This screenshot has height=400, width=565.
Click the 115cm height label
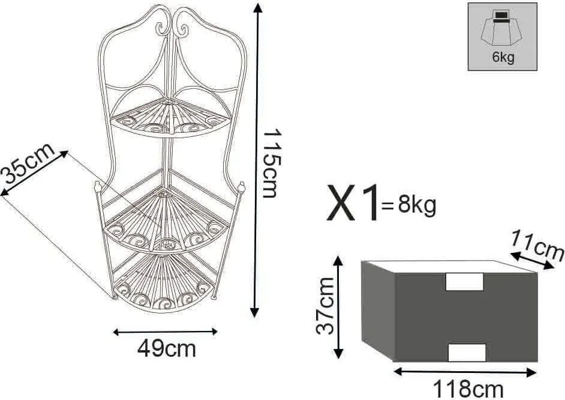[271, 163]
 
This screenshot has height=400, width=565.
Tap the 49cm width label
[167, 348]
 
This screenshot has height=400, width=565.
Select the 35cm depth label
[28, 163]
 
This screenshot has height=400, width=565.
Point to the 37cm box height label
[325, 306]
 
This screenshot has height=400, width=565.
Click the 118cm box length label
[468, 389]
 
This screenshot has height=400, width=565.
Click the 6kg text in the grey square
[503, 57]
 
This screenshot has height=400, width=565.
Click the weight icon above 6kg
[501, 29]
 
